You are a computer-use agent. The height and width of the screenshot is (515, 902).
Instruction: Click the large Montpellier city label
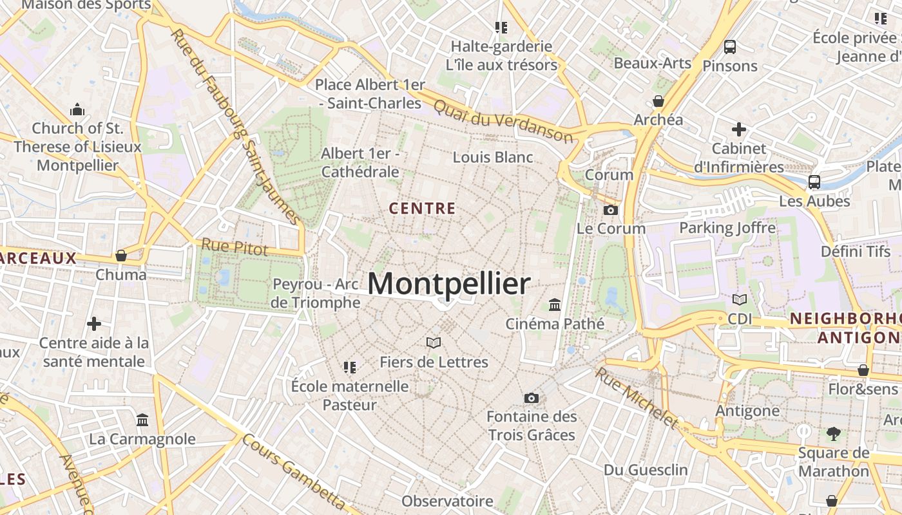[x=449, y=284]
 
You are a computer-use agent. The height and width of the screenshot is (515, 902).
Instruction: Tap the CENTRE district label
[x=423, y=209]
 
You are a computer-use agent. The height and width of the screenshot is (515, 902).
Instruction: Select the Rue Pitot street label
[x=235, y=247]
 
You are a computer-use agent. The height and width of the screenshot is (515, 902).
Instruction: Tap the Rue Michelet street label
[x=636, y=397]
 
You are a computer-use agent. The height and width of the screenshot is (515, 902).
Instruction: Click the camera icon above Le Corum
[x=610, y=210]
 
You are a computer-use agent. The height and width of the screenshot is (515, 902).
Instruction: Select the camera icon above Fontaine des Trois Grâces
[x=531, y=398]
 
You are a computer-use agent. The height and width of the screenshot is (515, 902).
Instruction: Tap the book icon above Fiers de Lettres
[x=434, y=343]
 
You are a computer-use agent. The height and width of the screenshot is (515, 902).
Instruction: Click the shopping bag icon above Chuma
[x=120, y=256]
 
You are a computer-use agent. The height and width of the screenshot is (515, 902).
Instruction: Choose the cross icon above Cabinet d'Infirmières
[x=738, y=129]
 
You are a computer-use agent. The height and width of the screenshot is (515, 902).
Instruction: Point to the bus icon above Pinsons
[x=729, y=47]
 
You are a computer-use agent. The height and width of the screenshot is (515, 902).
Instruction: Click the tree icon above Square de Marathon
[x=833, y=433]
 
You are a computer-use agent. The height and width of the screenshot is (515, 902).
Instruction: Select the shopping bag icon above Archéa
[x=658, y=101]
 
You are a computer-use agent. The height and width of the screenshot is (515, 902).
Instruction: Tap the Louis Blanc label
[x=493, y=157]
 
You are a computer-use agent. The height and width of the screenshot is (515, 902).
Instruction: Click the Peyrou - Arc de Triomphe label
[x=316, y=293]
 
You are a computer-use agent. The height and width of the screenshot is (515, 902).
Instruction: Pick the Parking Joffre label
[x=727, y=228]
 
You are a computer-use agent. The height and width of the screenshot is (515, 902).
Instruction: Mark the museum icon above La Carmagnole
[x=142, y=420]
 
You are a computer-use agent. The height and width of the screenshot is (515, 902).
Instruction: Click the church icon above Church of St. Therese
[x=77, y=109]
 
